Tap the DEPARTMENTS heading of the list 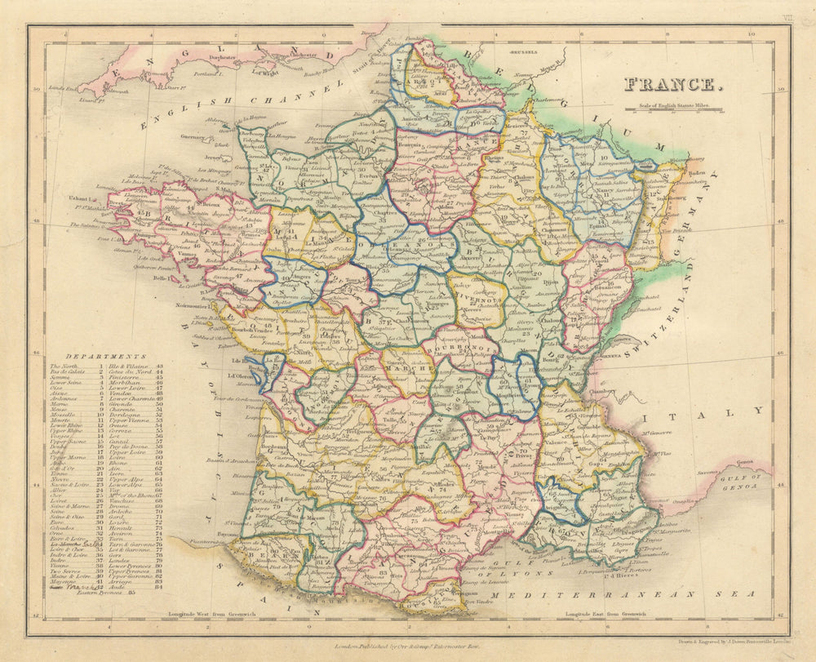[96, 357]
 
